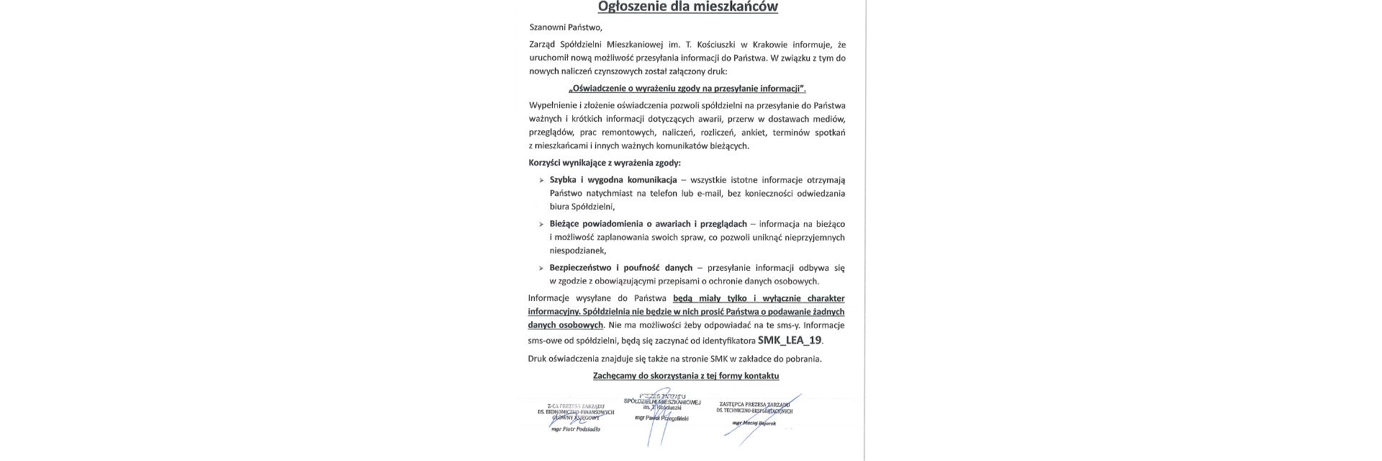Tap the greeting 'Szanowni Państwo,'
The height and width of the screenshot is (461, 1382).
(564, 27)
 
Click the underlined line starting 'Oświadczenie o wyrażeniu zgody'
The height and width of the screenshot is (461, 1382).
(687, 89)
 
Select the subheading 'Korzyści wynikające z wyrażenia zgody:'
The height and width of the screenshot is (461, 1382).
(604, 164)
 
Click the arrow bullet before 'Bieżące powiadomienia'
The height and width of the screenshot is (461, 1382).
(541, 224)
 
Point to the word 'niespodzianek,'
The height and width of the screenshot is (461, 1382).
(578, 251)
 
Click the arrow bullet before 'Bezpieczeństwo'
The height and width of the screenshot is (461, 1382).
(541, 268)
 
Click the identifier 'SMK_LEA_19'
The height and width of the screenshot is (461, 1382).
(790, 340)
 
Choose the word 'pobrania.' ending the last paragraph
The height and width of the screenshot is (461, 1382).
(803, 358)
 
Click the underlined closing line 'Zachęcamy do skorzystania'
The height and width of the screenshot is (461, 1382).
(686, 376)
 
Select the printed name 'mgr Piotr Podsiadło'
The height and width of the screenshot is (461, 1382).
(575, 429)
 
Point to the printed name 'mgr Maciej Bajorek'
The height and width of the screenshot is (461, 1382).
(754, 423)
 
